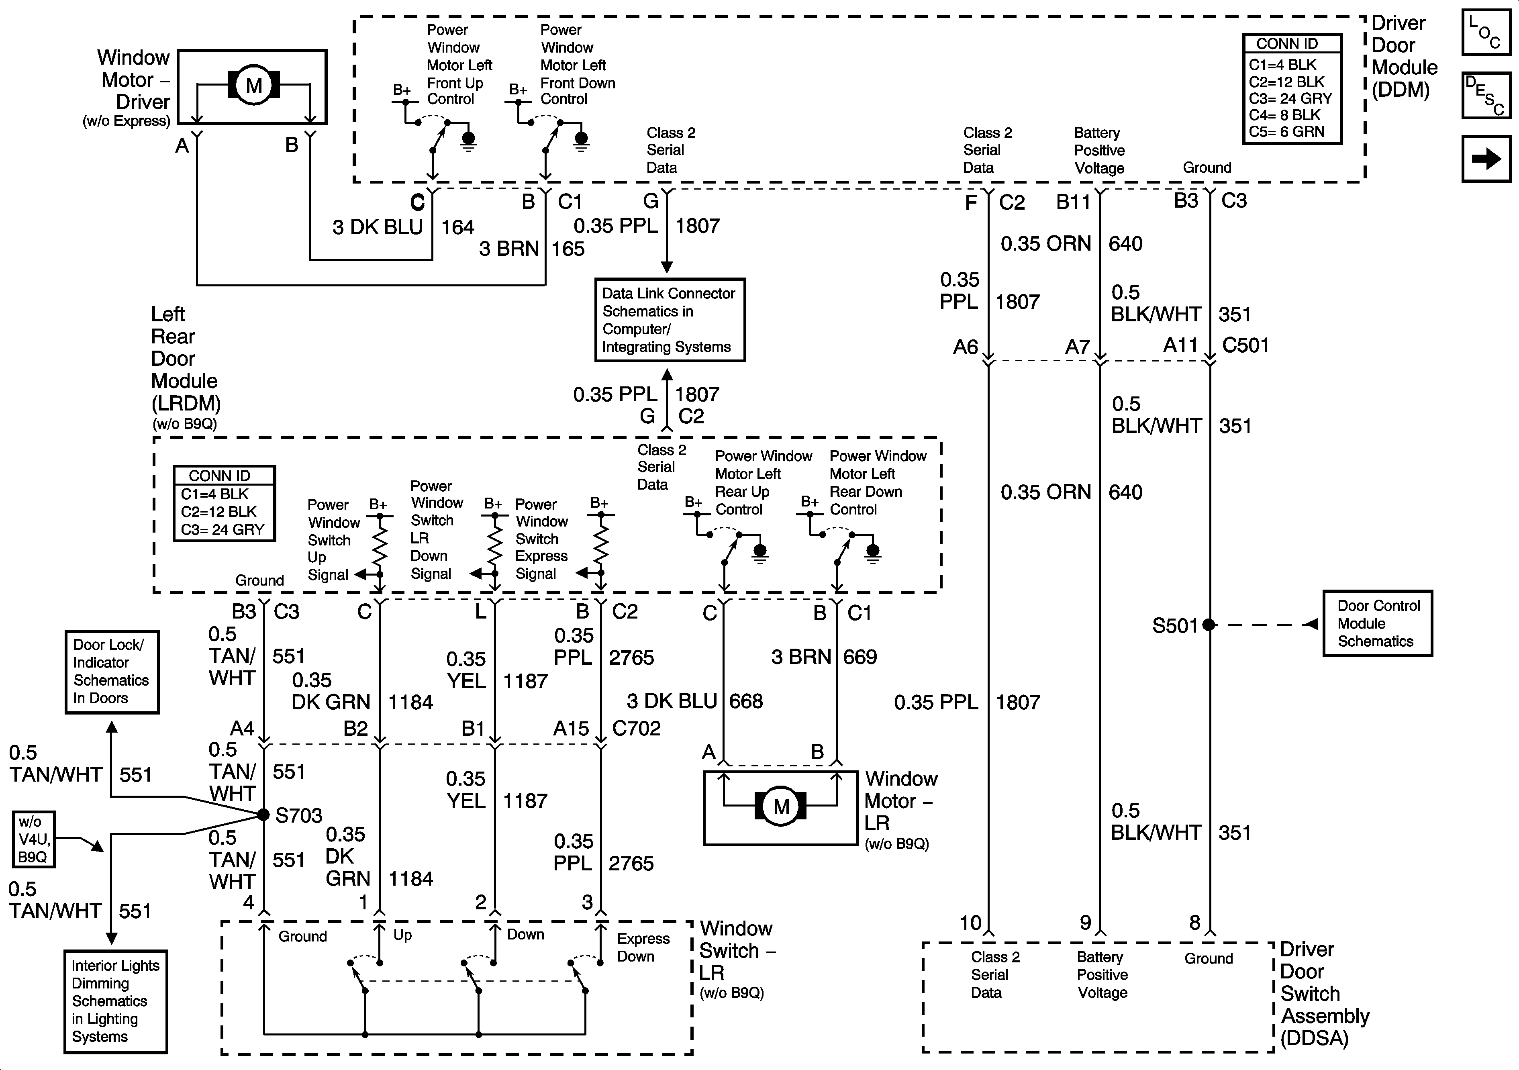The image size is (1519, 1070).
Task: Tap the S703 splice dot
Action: pyautogui.click(x=263, y=815)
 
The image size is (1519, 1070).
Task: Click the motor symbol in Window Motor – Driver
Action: pyautogui.click(x=254, y=86)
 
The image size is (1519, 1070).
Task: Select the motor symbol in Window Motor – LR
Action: pyautogui.click(x=781, y=806)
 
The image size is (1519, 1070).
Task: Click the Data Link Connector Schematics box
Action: pyautogui.click(x=670, y=320)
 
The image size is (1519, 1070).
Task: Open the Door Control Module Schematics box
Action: pyautogui.click(x=1377, y=623)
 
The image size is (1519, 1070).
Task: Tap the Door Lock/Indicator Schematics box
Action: pyautogui.click(x=112, y=672)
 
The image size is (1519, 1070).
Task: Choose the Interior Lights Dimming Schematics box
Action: pyautogui.click(x=115, y=1001)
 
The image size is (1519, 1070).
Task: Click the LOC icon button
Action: pyautogui.click(x=1486, y=32)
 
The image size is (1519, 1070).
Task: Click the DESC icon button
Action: pyautogui.click(x=1486, y=95)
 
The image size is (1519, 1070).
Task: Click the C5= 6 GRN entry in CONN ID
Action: pyautogui.click(x=1287, y=132)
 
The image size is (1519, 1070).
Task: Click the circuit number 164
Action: pyautogui.click(x=458, y=228)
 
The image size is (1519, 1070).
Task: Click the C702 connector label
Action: pyautogui.click(x=637, y=729)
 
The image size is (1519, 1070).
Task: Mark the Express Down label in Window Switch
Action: pyautogui.click(x=643, y=947)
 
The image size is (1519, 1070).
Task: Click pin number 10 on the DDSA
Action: pyautogui.click(x=970, y=923)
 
